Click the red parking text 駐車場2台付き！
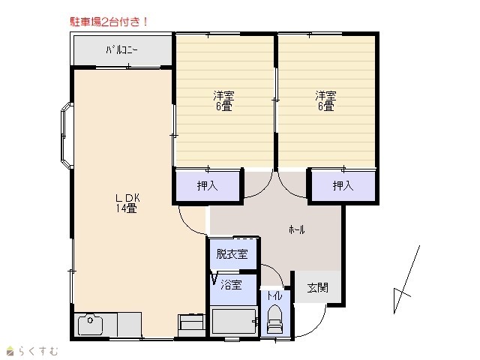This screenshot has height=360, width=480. (x=109, y=22)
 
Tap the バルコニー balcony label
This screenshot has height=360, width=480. (x=121, y=49)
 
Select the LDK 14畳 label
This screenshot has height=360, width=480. (x=127, y=203)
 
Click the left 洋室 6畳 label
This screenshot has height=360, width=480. (x=223, y=100)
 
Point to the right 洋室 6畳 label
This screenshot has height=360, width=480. (x=325, y=100)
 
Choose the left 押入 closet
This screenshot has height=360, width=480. (x=207, y=186)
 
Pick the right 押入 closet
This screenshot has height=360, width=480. (x=343, y=186)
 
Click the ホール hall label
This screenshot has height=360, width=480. (x=297, y=229)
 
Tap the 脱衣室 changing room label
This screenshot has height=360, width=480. (x=232, y=253)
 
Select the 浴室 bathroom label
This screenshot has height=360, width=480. (x=232, y=285)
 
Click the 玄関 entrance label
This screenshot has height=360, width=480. (x=318, y=288)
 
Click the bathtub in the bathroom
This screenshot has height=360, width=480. (x=233, y=322)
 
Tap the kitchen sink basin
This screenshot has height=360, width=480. (x=90, y=325)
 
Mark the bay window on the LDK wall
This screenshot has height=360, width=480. (x=67, y=135)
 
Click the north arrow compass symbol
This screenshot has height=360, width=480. (x=406, y=280)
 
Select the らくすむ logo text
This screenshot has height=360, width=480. (x=31, y=351)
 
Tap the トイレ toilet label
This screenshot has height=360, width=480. (x=274, y=296)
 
